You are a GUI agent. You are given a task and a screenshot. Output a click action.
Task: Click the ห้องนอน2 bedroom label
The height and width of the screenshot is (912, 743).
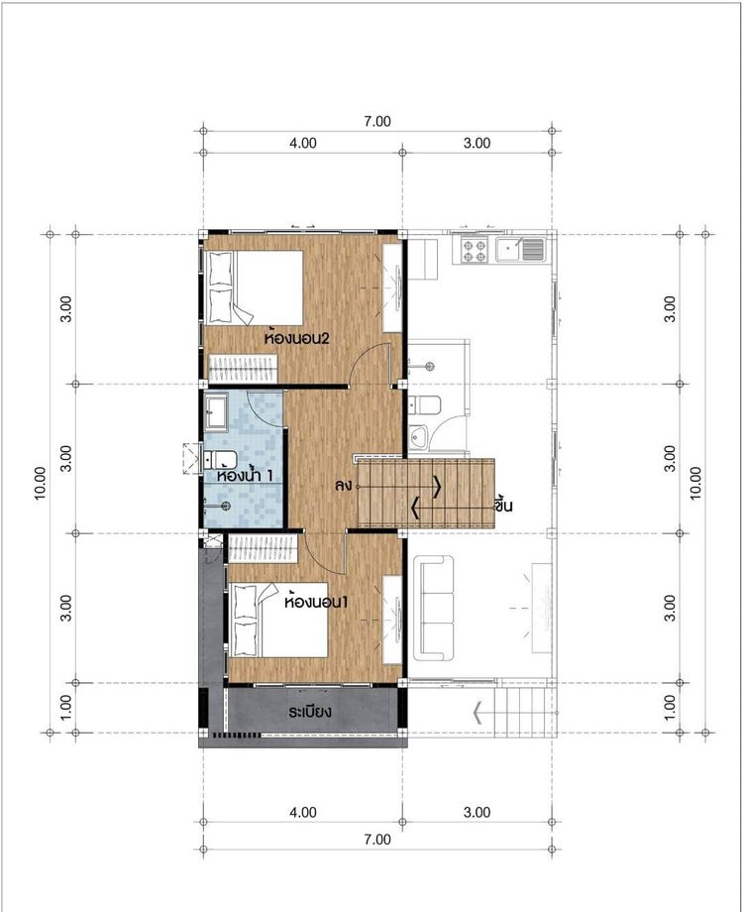pos(296,337)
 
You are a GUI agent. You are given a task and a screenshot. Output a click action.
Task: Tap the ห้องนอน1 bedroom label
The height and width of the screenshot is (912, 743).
pos(316,602)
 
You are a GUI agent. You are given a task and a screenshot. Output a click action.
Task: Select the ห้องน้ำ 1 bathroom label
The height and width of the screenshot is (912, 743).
pos(245,475)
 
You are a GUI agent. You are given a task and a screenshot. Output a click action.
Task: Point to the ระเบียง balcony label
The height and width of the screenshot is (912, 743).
pos(310,712)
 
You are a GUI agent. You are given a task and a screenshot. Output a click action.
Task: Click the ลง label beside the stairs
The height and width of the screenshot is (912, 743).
pos(343,486)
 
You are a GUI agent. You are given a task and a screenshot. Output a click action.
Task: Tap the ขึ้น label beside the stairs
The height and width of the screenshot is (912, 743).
pos(503,505)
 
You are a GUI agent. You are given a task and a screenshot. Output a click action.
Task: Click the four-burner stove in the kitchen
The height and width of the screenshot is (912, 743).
pos(474,250)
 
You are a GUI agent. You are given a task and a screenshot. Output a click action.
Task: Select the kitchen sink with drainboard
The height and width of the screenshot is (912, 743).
pos(520,250)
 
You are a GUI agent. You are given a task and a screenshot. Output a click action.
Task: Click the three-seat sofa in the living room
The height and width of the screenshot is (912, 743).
pos(434,608)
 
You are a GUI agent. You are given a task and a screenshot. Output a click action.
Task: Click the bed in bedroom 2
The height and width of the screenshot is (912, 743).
pos(254,287)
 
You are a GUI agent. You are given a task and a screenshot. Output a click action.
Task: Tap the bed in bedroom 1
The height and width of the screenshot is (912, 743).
pos(278,620)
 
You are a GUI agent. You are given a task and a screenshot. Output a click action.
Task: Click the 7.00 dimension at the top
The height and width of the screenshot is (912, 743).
pos(377,122)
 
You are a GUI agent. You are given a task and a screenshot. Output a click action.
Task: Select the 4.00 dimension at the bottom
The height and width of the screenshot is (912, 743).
pos(303,812)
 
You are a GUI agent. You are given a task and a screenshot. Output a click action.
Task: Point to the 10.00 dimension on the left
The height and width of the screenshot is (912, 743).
pos(40,484)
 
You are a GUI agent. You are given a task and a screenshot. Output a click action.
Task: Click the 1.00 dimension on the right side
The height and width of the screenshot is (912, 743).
pos(670,707)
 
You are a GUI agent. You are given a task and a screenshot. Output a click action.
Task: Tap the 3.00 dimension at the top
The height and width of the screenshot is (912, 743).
pos(477,143)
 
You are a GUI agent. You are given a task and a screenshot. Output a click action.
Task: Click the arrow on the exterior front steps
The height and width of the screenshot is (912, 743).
pos(478,713)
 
